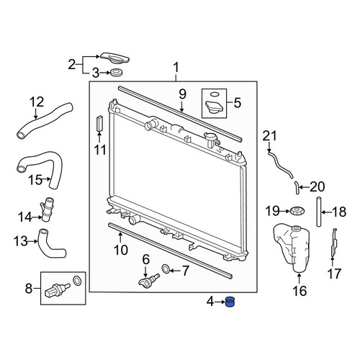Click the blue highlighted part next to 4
coord(230,302)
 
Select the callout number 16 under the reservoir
coord(300,291)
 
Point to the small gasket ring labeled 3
coord(116,72)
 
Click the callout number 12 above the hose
coord(37,102)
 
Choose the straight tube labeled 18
coord(318,212)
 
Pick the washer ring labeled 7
coord(166,269)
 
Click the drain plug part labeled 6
coord(149,280)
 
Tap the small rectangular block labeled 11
coord(99,123)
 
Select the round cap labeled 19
coord(297,211)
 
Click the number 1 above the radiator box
coord(176,68)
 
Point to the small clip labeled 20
coord(297,188)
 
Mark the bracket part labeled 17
coord(334,243)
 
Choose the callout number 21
coord(269,135)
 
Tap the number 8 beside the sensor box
coord(29,288)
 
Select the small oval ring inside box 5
coord(214,94)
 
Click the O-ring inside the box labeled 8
coord(77,281)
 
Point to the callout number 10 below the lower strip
coord(121,250)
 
